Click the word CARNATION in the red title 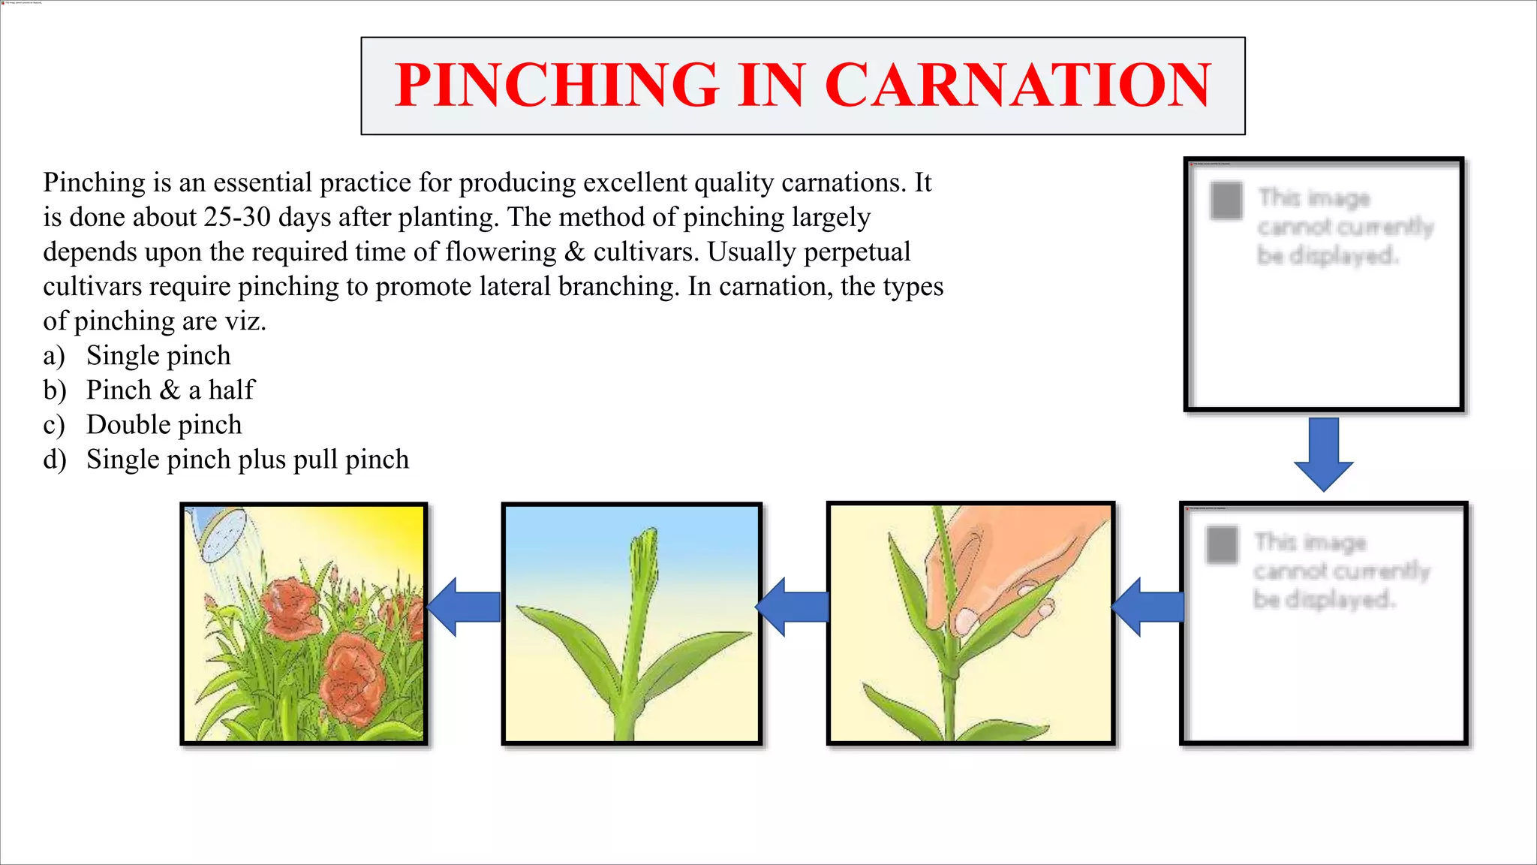pyautogui.click(x=1018, y=86)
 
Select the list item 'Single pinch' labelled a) pyautogui.click(x=158, y=356)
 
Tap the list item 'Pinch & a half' pyautogui.click(x=170, y=390)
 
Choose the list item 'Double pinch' pyautogui.click(x=164, y=425)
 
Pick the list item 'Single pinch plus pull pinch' pyautogui.click(x=248, y=460)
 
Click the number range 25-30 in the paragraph pyautogui.click(x=237, y=218)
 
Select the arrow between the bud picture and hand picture pyautogui.click(x=793, y=607)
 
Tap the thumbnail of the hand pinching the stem pyautogui.click(x=970, y=623)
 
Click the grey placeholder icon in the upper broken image pyautogui.click(x=1227, y=201)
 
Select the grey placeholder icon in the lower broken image pyautogui.click(x=1222, y=545)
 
